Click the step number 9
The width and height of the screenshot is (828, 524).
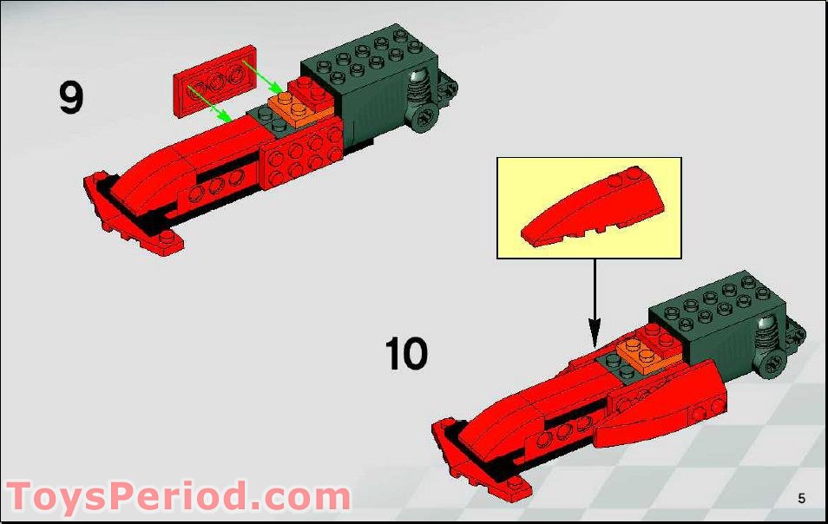pos(71,97)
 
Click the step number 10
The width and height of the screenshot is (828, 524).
pos(406,354)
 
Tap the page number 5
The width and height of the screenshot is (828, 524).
pos(801,498)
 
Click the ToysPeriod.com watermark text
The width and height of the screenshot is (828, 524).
pos(178,497)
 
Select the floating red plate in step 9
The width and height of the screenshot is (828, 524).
pos(216,80)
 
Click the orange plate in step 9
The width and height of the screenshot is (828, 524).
pos(296,112)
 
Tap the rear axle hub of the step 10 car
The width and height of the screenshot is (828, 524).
pos(772,364)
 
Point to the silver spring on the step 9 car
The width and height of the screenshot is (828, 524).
pos(419,87)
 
